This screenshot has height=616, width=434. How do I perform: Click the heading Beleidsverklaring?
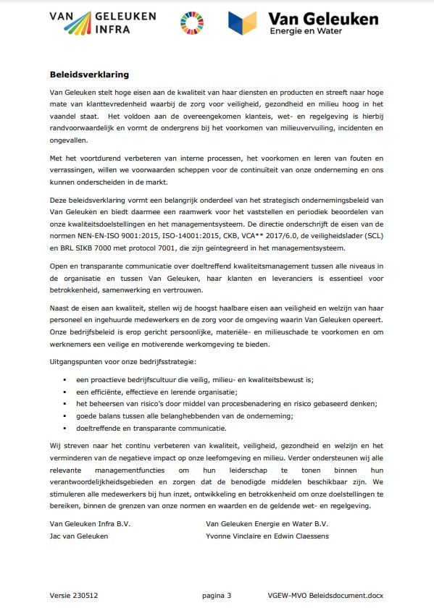89,74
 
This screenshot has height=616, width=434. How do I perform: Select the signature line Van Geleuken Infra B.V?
89,523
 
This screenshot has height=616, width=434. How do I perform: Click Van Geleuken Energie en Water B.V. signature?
267,523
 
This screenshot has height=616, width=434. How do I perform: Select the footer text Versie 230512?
74,595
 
